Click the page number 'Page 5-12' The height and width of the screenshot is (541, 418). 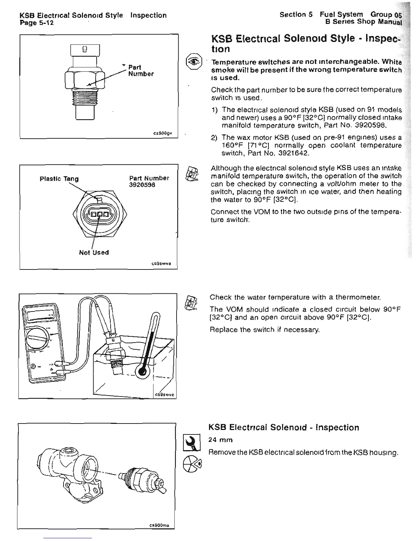pos(37,23)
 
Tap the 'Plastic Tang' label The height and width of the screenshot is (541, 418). pos(59,179)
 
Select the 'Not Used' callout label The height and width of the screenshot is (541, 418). pos(94,252)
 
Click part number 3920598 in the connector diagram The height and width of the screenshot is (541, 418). pos(142,185)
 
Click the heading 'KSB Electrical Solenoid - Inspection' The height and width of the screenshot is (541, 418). pos(283,428)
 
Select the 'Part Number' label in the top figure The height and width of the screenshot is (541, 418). pos(140,70)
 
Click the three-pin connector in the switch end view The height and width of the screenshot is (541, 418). pos(99,215)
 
